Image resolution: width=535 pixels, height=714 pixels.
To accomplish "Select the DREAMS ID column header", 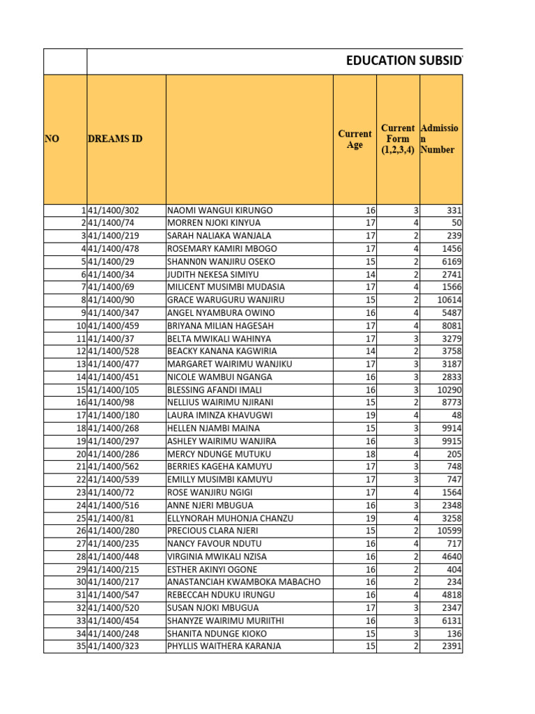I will [x=115, y=139].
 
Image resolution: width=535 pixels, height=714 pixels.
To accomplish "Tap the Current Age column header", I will [x=355, y=139].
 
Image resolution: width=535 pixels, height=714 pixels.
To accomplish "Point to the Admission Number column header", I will [x=440, y=139].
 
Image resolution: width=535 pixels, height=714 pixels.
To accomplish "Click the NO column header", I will [x=52, y=139].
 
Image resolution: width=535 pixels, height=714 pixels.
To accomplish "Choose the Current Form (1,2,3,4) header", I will [x=398, y=139].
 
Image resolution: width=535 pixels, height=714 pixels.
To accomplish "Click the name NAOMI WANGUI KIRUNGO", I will [x=220, y=211].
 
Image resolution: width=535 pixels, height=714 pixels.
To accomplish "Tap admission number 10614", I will [x=447, y=301].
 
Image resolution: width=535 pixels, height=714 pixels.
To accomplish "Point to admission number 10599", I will [x=447, y=531].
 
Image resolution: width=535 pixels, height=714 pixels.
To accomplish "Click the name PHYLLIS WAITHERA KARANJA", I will [x=224, y=646].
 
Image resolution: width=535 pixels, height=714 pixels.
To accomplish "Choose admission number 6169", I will [x=449, y=261].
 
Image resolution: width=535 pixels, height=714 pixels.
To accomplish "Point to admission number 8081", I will [x=449, y=326].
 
